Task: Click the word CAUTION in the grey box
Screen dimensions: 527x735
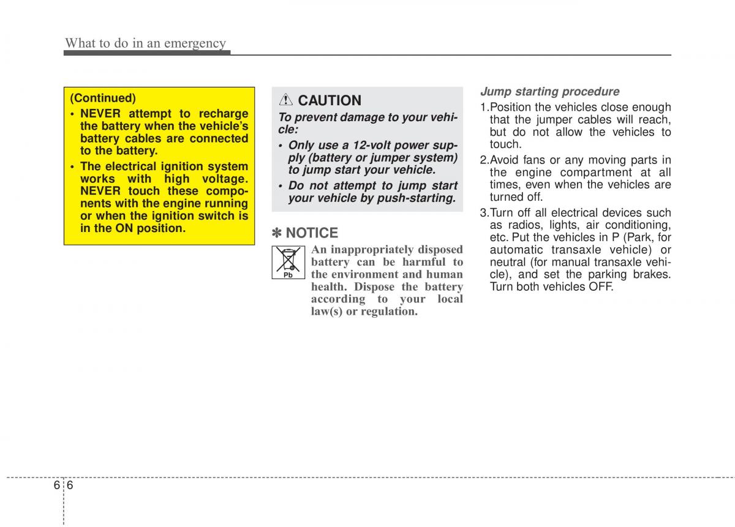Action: coord(330,100)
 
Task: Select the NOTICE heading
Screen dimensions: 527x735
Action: coord(312,233)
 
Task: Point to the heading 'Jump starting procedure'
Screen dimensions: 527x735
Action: coord(549,92)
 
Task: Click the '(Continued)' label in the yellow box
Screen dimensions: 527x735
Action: coord(103,98)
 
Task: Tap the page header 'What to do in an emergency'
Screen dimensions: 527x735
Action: coord(146,43)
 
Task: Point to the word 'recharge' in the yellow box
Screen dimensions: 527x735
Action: coord(222,113)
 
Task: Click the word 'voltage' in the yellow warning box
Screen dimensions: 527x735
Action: coord(223,178)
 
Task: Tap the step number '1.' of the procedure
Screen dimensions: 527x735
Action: coord(484,107)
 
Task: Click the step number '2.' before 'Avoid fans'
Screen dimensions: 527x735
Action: coord(484,160)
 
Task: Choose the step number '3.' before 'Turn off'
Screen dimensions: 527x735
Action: coord(484,213)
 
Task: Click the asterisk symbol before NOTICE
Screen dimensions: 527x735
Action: coord(277,233)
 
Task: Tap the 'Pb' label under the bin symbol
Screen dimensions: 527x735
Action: coord(288,275)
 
